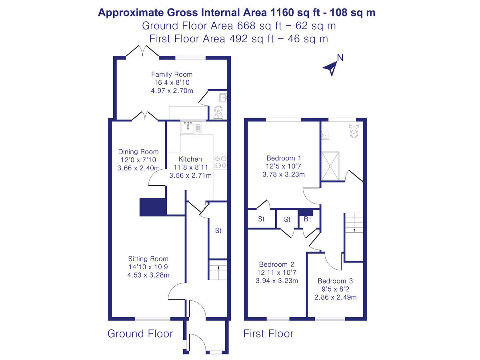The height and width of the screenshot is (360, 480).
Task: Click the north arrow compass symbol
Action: click(331, 67)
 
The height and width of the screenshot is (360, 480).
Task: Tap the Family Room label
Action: click(172, 74)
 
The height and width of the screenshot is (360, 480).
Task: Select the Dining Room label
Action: click(138, 152)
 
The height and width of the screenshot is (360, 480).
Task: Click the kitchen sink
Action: click(188, 128)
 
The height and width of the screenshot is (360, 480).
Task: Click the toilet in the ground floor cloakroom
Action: click(218, 112)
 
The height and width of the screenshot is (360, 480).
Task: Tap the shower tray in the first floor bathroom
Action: click(330, 166)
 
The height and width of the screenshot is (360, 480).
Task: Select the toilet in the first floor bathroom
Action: click(354, 130)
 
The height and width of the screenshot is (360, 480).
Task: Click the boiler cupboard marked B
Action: click(306, 219)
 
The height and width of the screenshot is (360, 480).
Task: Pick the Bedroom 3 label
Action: click(335, 281)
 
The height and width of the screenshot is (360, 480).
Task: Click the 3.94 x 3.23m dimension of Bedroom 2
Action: click(277, 280)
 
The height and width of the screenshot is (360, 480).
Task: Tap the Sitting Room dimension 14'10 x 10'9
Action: click(148, 267)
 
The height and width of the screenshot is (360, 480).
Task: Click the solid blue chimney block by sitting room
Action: click(152, 207)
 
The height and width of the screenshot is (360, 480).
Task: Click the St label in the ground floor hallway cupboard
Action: click(218, 231)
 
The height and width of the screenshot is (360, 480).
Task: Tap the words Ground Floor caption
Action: click(140, 334)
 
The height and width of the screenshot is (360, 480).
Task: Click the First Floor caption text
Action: click(268, 334)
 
